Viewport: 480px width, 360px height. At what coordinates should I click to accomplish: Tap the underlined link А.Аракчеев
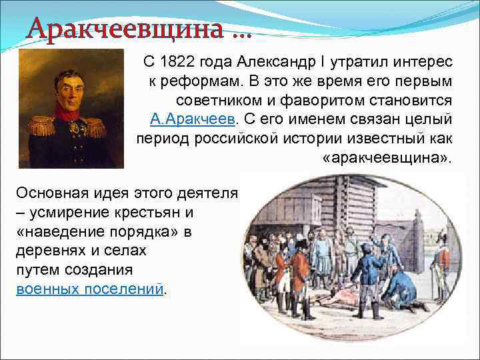point(193,120)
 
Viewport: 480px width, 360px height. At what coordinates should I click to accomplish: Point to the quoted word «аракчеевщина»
point(387,159)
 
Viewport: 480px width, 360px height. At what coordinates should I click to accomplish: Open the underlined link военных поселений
point(89,289)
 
